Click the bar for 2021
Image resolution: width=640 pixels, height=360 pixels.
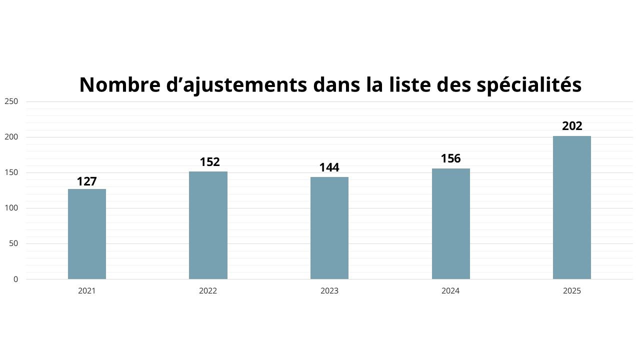(87, 234)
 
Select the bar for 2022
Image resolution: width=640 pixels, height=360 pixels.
(208, 225)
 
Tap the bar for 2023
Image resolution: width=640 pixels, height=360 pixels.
(329, 228)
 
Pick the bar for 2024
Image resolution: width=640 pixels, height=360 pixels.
(450, 224)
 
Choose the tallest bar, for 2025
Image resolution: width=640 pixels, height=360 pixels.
(572, 207)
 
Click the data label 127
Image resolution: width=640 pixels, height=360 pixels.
(87, 181)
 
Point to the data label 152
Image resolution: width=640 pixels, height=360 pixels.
(209, 162)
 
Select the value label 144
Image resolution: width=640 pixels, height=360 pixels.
(329, 167)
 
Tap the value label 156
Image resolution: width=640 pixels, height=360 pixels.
(450, 159)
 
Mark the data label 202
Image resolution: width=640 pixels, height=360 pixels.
(572, 126)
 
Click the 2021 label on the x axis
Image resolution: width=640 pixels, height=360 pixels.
(87, 291)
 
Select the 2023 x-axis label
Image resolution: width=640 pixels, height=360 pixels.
(329, 291)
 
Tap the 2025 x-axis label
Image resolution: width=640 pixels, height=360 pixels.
(572, 291)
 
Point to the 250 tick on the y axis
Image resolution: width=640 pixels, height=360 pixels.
(11, 101)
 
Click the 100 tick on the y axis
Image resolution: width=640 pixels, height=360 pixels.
(11, 208)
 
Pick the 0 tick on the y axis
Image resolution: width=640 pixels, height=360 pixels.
(15, 279)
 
